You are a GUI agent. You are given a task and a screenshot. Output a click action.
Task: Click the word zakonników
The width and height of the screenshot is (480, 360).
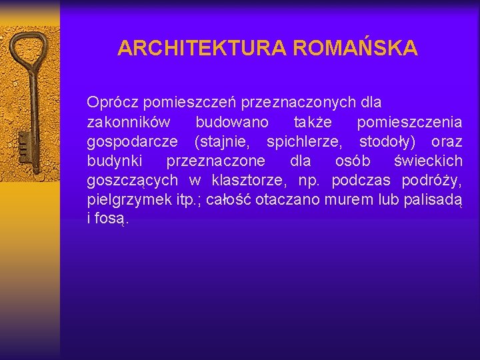click(x=128, y=123)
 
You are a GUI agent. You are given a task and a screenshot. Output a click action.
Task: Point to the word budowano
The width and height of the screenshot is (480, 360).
click(x=232, y=123)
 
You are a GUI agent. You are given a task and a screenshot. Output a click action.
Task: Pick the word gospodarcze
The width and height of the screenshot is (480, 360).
click(x=133, y=142)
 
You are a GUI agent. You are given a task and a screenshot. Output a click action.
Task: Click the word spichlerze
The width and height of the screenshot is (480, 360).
click(x=305, y=142)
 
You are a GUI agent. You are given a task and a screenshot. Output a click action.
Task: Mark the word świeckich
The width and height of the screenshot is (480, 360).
click(x=428, y=161)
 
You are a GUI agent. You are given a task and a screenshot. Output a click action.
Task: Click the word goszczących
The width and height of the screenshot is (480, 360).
click(x=132, y=181)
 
